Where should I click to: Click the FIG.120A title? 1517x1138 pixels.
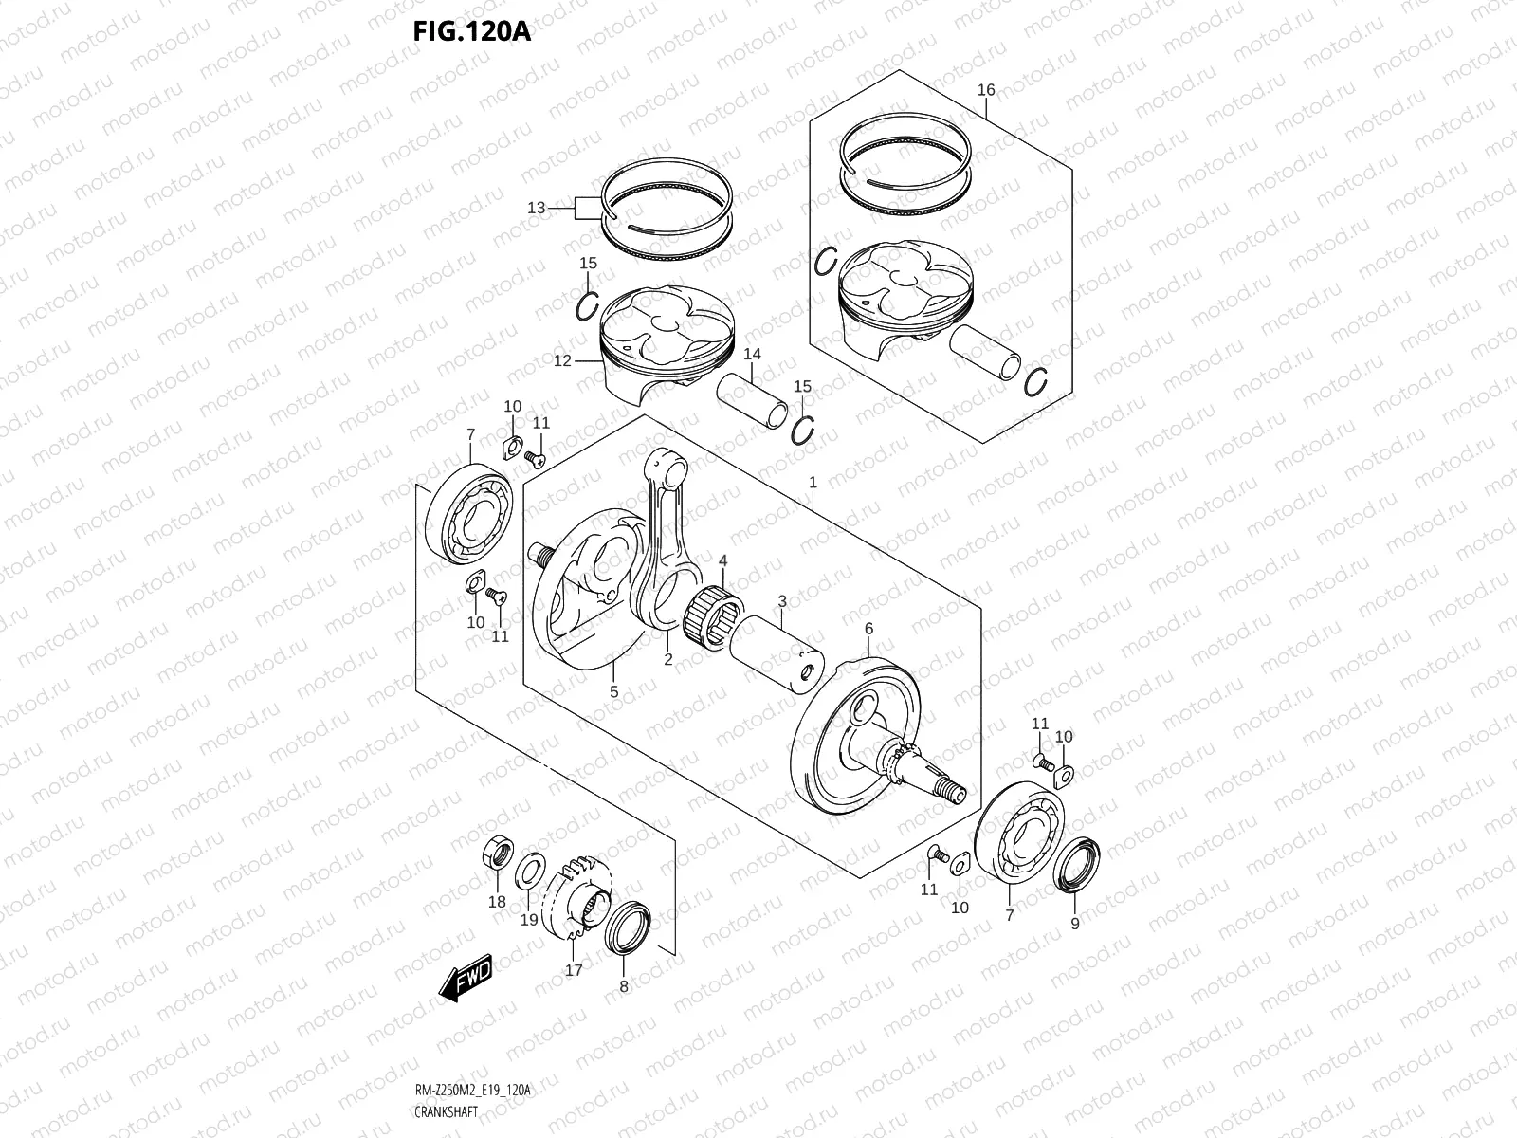pos(471,31)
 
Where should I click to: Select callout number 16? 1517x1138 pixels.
pos(986,90)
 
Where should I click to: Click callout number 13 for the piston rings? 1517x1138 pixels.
pos(537,207)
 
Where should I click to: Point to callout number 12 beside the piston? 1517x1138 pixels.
pos(562,361)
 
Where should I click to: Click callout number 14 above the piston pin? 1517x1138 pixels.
pos(752,355)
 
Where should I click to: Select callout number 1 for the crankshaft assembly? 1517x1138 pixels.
pos(813,484)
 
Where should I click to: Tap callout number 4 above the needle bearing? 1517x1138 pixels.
pos(722,561)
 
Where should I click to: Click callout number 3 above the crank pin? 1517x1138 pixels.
pos(782,601)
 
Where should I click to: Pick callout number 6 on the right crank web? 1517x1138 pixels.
pos(868,629)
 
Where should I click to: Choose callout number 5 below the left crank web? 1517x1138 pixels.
pos(613,691)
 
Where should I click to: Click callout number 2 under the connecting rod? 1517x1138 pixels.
pos(667,659)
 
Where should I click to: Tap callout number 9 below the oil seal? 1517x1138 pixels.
pos(1074,923)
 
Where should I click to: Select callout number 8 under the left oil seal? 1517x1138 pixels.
pos(623,986)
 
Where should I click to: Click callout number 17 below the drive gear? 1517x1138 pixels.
pos(574,969)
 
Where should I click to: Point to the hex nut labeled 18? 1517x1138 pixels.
pos(497,852)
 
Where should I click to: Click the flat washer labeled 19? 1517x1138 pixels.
pos(530,870)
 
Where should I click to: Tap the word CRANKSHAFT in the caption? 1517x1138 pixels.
pos(446,1111)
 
